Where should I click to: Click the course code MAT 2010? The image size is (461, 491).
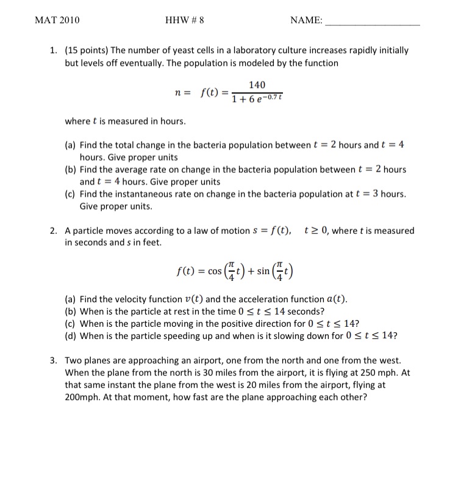click(x=57, y=20)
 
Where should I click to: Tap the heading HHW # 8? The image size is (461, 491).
click(x=184, y=20)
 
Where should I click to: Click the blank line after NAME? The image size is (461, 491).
click(x=373, y=23)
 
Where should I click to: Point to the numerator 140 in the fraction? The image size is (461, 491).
click(x=257, y=85)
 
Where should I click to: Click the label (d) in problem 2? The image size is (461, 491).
click(x=71, y=336)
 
